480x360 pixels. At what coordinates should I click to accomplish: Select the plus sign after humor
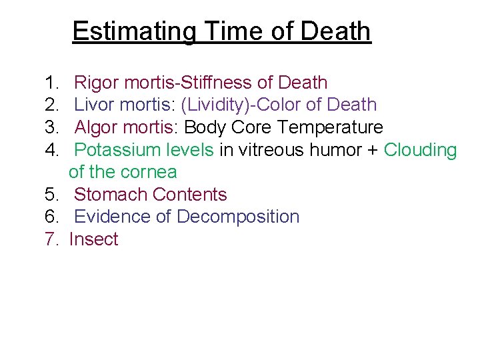click(372, 151)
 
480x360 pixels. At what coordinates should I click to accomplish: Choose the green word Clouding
click(421, 150)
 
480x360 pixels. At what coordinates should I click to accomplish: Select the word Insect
click(93, 239)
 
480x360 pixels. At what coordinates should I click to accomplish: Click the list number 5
click(51, 195)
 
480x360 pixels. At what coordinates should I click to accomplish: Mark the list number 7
click(51, 239)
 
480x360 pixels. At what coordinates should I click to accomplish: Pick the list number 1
click(51, 83)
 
